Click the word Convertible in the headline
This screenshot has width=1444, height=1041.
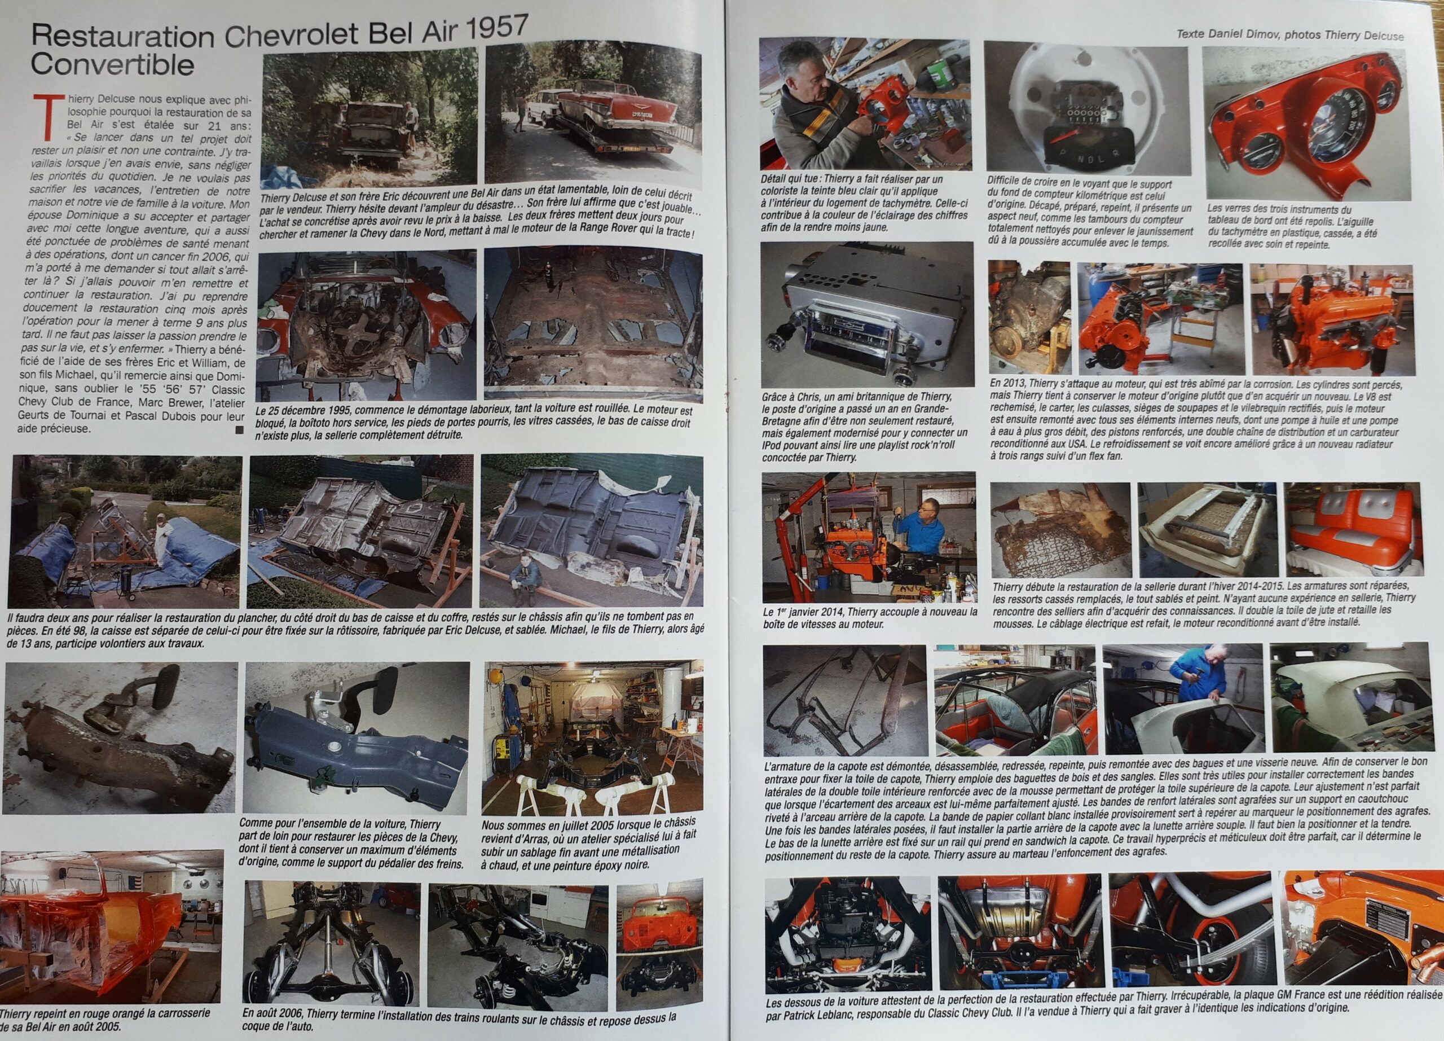(x=112, y=64)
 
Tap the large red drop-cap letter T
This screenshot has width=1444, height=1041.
(x=45, y=116)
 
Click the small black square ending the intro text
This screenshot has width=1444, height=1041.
(x=239, y=431)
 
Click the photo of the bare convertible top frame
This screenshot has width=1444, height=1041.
(x=844, y=699)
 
